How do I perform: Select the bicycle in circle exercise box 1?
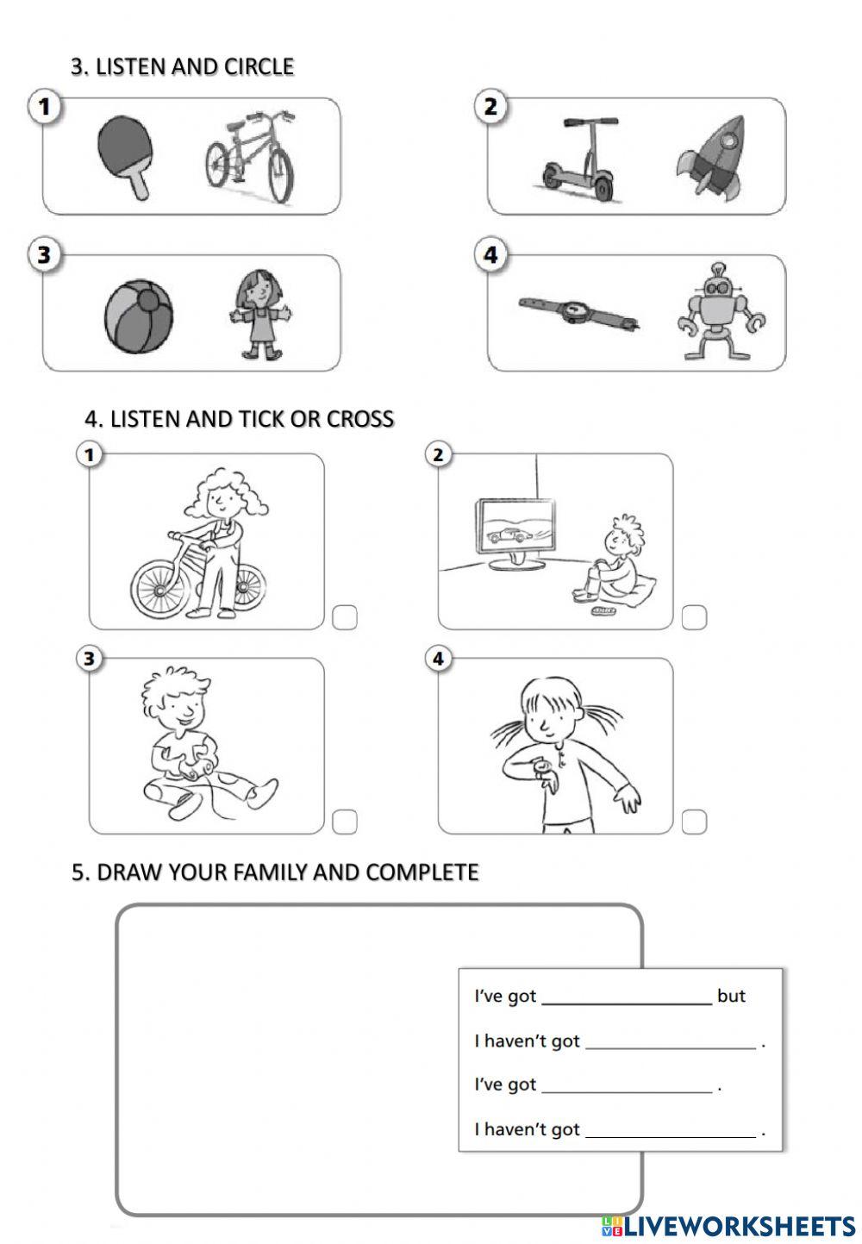tap(250, 157)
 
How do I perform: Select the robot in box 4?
tap(721, 312)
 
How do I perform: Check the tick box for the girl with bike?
tap(344, 617)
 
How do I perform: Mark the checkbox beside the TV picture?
tap(694, 617)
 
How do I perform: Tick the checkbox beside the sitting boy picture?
tap(344, 822)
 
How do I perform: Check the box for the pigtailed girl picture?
tap(694, 822)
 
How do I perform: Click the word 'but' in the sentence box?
tap(730, 996)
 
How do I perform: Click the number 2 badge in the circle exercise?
tap(490, 107)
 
